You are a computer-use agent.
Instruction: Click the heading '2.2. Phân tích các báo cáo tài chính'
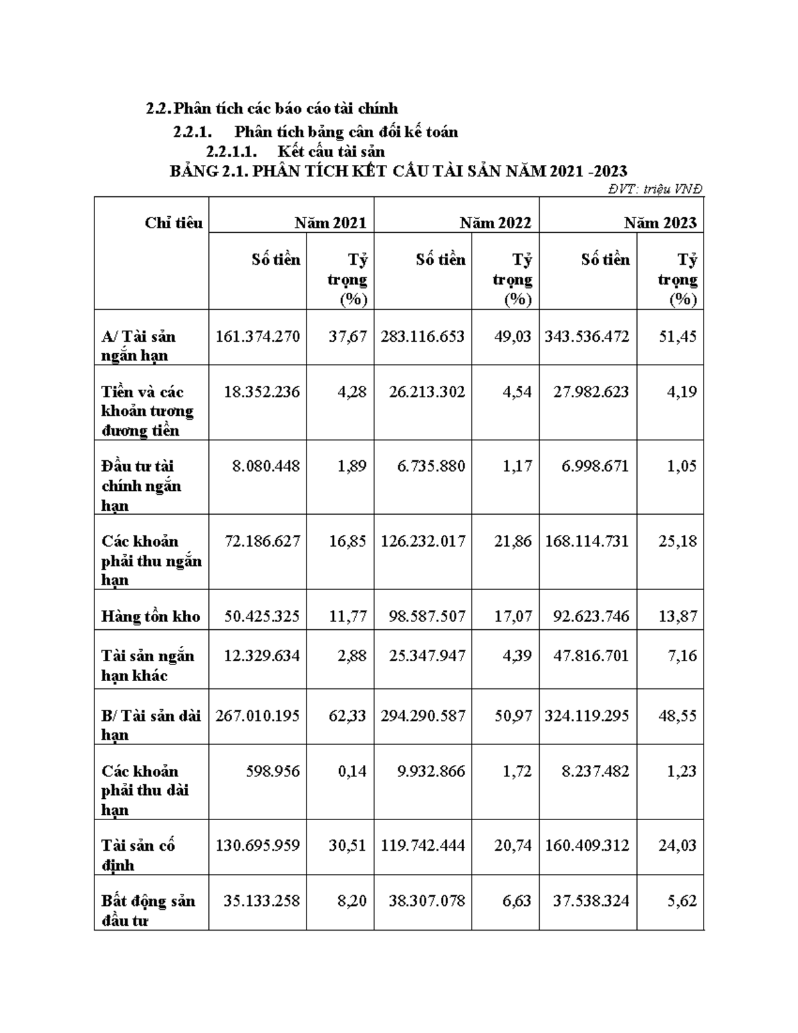272,108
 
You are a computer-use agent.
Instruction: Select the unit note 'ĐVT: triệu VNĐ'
655,189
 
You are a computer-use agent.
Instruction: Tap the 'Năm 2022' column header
495,223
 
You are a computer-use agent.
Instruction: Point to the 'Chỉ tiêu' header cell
174,223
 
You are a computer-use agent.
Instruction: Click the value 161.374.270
258,337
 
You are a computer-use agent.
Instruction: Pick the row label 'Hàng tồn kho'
151,617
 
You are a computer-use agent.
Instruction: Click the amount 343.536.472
587,337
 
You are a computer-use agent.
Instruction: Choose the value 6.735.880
431,466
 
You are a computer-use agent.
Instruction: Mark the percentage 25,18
677,541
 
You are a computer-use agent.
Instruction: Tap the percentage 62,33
348,716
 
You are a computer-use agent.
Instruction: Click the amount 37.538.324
591,901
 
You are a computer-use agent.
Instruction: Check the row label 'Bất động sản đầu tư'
148,910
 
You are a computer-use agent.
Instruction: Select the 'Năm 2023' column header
660,223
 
